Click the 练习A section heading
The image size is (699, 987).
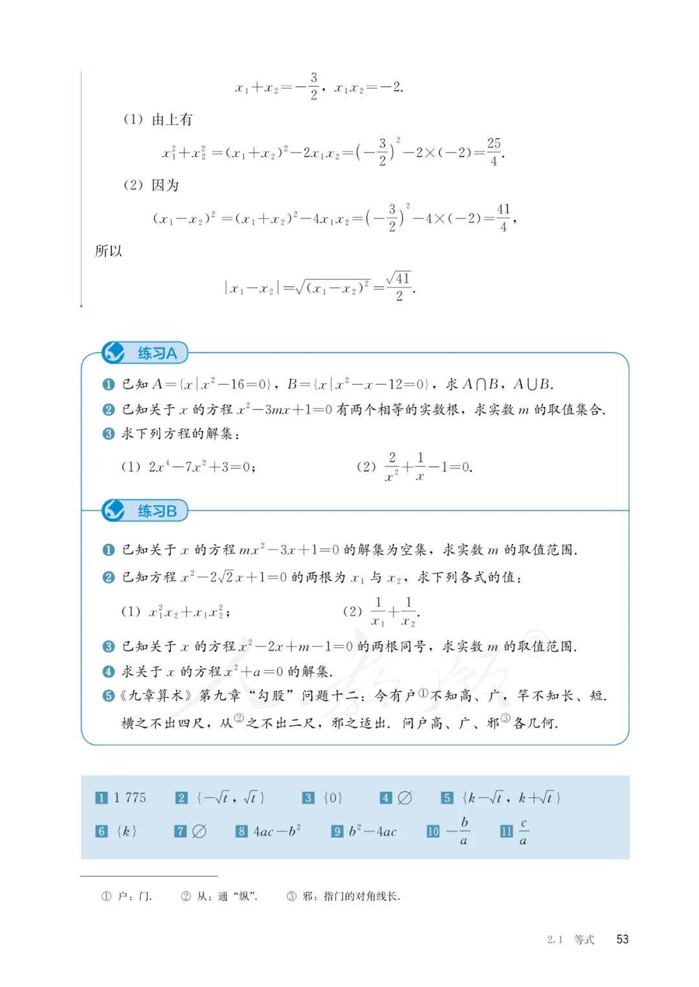tap(157, 353)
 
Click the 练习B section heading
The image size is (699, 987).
tap(157, 511)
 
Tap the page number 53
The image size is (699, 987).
tap(622, 939)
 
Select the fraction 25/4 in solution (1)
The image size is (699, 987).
tap(494, 151)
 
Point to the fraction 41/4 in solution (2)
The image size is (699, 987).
tap(504, 217)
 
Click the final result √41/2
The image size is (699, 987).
tap(399, 286)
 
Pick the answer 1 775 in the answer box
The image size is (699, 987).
tap(129, 797)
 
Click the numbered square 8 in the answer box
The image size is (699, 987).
tap(241, 832)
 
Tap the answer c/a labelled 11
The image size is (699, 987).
tap(523, 832)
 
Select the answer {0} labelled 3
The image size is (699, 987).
tap(332, 797)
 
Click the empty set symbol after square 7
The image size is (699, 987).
tap(199, 832)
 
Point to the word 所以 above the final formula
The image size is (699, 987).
tap(109, 251)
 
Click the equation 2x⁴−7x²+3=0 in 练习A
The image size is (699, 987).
tap(202, 466)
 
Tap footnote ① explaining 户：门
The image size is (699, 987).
tap(127, 896)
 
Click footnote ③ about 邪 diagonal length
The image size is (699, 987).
tap(343, 896)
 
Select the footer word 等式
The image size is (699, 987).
tap(584, 940)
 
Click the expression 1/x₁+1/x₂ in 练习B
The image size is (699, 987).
tap(394, 612)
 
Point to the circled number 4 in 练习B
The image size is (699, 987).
tap(109, 672)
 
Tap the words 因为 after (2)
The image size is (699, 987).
tap(165, 185)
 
